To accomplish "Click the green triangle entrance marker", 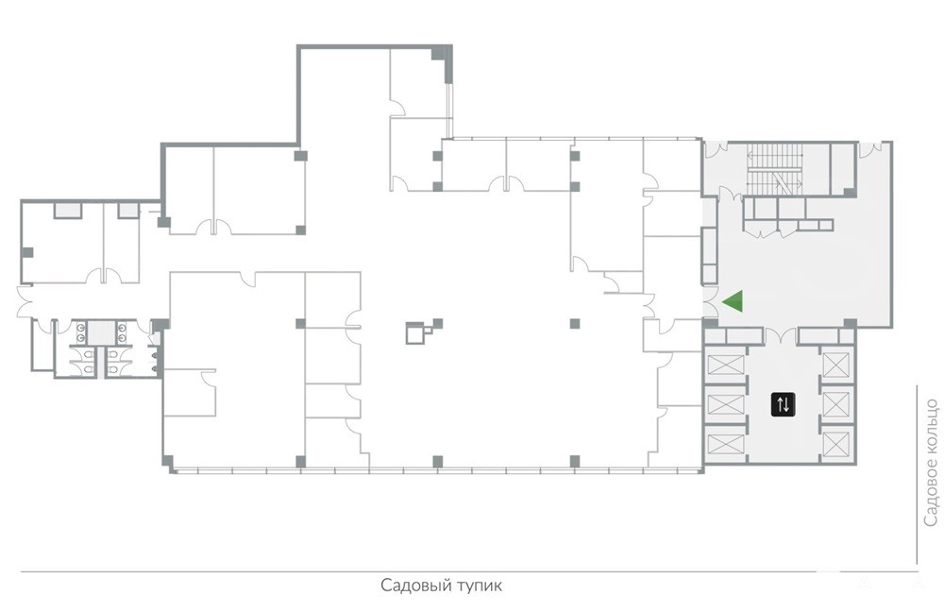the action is pyautogui.click(x=735, y=300).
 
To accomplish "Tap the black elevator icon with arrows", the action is pyautogui.click(x=783, y=404).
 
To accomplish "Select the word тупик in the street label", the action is pyautogui.click(x=478, y=586).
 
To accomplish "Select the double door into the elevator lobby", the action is pyautogui.click(x=781, y=335).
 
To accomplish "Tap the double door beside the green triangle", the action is pyautogui.click(x=711, y=302).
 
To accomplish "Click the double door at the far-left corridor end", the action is pyautogui.click(x=25, y=302).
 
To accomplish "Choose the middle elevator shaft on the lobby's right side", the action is pyautogui.click(x=836, y=403).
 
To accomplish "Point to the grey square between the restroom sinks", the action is pyautogui.click(x=102, y=331).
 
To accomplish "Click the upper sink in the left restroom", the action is pyautogui.click(x=80, y=328).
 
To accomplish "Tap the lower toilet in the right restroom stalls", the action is pyautogui.click(x=114, y=366).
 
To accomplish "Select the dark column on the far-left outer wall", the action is pyautogui.click(x=27, y=252).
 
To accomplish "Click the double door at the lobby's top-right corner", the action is pyautogui.click(x=874, y=149).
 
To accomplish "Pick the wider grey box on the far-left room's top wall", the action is pyautogui.click(x=68, y=211).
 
